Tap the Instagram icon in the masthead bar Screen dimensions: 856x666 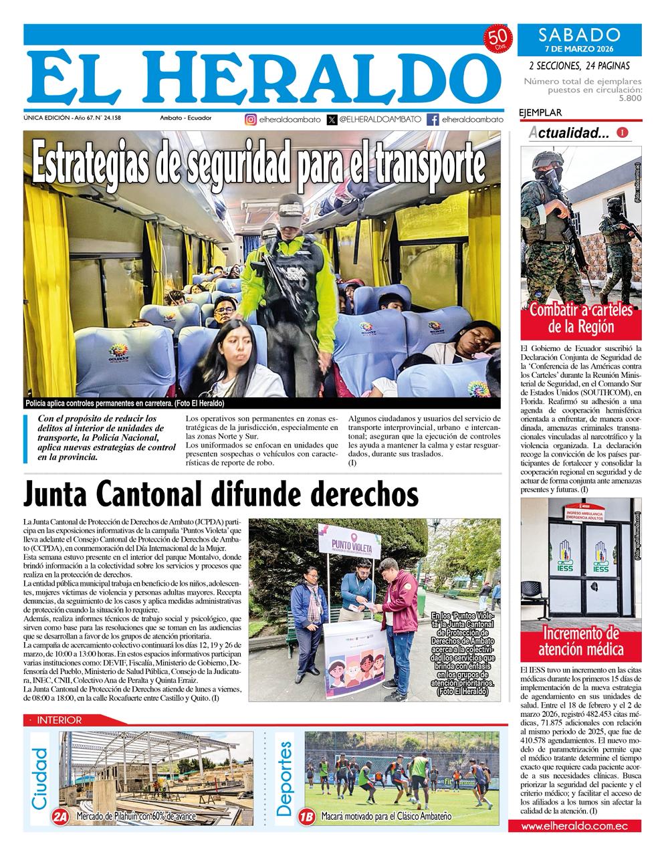[x=250, y=120]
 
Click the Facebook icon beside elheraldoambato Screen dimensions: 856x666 [x=433, y=120]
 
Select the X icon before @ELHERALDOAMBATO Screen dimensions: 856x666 [x=332, y=120]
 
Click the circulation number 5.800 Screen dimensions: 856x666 [x=629, y=98]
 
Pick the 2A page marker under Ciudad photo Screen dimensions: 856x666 [x=60, y=817]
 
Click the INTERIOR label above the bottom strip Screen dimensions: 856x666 [x=59, y=720]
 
